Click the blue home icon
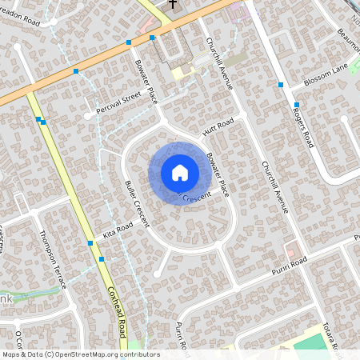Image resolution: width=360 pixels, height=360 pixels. [180, 172]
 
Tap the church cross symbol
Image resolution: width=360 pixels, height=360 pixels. [173, 5]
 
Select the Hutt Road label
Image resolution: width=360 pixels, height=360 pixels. [218, 126]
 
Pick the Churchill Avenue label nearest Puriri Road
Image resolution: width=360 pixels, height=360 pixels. [274, 186]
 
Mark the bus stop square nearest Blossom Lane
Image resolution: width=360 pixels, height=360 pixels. [296, 105]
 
